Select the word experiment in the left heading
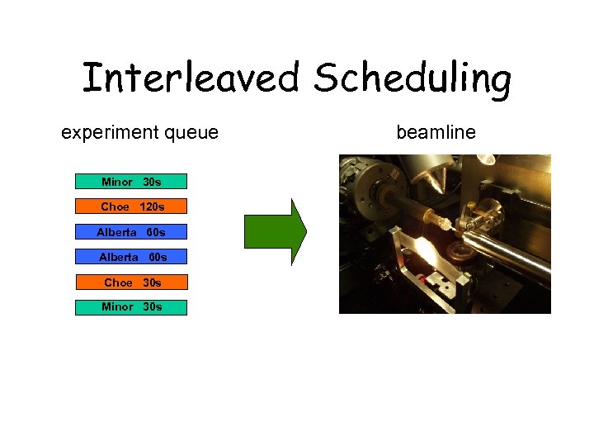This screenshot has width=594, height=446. pos(107,132)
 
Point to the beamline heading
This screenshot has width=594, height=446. pos(436,132)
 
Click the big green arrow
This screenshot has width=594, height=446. pos(275,230)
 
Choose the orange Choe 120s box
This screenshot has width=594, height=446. pos(131,206)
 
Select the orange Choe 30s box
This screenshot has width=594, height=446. pos(131,282)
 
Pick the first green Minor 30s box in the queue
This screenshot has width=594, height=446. pos(131,182)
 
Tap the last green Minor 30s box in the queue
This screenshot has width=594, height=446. pos(131,307)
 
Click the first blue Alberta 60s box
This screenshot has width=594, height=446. pos(131,232)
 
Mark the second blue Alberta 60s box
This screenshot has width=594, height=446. pos(131,257)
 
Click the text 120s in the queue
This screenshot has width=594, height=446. pos(152,206)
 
